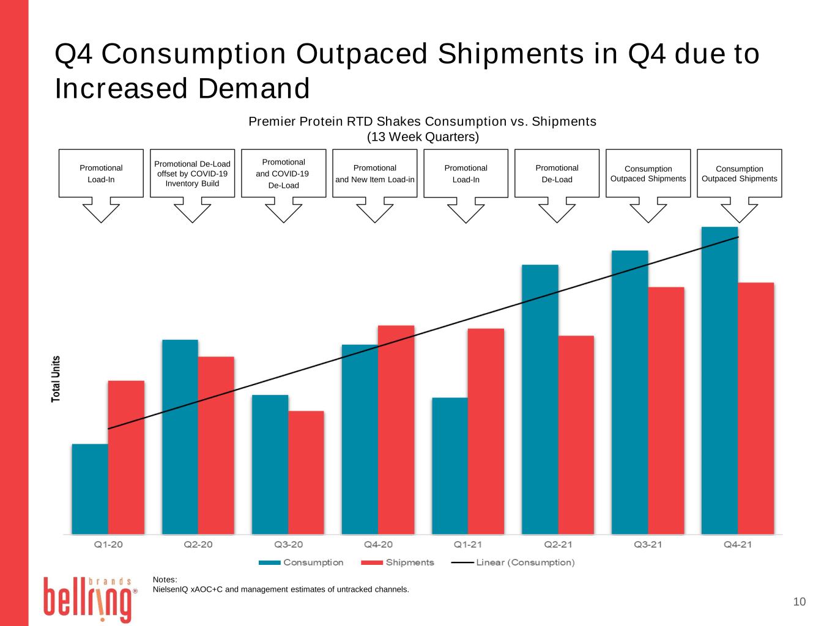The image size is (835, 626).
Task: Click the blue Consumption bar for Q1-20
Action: tap(90, 489)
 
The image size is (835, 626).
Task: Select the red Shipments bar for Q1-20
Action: tap(126, 458)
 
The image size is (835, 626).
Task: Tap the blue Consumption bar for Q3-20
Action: tap(270, 465)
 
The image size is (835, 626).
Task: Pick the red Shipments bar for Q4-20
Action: tap(396, 430)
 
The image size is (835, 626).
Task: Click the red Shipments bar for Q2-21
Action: tap(576, 435)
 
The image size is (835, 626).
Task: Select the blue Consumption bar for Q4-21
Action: tap(719, 380)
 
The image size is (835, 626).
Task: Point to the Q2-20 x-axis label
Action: tap(198, 545)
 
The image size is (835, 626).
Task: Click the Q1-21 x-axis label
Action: tap(467, 545)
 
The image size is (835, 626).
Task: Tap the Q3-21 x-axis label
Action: tap(647, 545)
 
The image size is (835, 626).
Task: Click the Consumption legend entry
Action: tap(301, 562)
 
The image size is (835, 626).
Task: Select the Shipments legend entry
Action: tap(398, 562)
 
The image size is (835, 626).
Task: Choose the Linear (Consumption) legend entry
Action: tap(513, 562)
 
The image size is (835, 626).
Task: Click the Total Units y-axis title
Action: tap(56, 378)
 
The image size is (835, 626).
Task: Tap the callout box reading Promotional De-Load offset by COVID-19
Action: tap(192, 174)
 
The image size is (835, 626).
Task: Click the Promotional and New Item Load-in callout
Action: tap(375, 174)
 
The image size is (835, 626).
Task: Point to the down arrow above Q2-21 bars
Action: tap(557, 212)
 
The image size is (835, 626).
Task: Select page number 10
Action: tap(800, 602)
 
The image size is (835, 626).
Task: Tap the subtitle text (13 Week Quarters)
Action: tap(423, 137)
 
